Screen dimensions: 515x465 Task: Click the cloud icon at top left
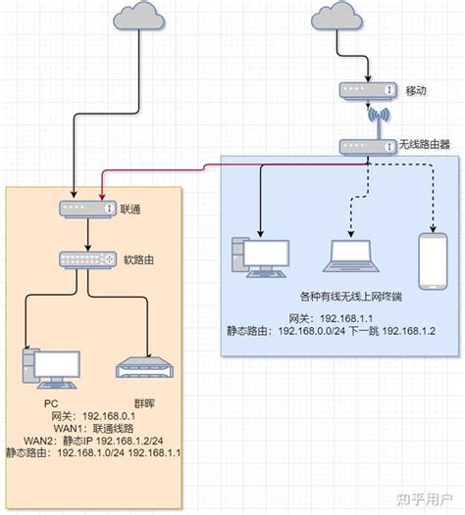point(140,17)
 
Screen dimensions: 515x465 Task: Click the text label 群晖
point(144,401)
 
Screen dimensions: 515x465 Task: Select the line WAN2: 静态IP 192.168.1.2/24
point(94,441)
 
